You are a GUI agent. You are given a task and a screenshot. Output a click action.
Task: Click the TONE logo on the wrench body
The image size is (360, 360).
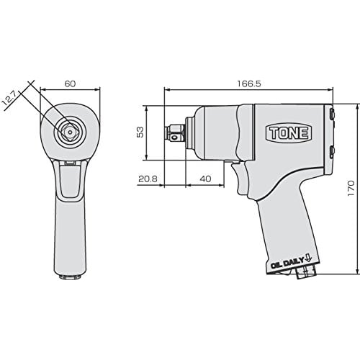point(288,132)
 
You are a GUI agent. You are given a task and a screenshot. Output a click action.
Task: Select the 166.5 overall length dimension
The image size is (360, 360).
point(249,84)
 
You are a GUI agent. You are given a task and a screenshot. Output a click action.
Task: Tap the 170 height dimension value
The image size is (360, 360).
point(351,189)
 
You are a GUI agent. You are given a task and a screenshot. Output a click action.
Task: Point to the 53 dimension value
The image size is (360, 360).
point(140,132)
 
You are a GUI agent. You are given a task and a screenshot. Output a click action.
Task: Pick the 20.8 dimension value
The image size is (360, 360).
point(148,179)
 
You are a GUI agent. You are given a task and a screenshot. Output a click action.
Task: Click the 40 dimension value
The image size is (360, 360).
point(205,179)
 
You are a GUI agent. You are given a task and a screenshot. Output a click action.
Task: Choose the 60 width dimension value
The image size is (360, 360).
point(70,84)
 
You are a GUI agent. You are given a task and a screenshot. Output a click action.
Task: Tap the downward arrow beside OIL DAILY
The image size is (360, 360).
point(308,258)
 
